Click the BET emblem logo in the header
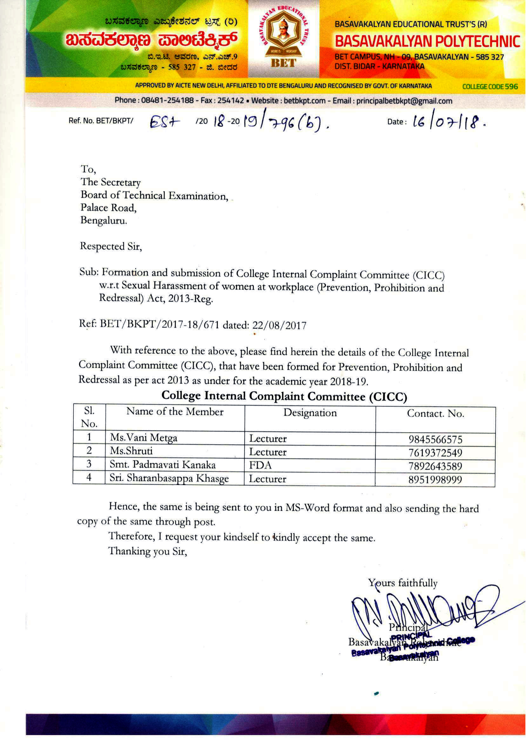pyautogui.click(x=283, y=39)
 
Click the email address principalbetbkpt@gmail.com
pyautogui.click(x=404, y=101)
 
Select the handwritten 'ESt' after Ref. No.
pyautogui.click(x=165, y=123)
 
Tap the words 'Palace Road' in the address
pyautogui.click(x=109, y=208)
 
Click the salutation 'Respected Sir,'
pyautogui.click(x=111, y=247)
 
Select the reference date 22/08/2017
pyautogui.click(x=279, y=325)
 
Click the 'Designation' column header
pyautogui.click(x=310, y=413)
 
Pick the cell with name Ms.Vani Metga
pyautogui.click(x=144, y=438)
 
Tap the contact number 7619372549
pyautogui.click(x=435, y=453)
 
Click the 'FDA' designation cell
pyautogui.click(x=260, y=465)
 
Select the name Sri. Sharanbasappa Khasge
pyautogui.click(x=169, y=479)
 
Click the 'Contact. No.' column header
pyautogui.click(x=435, y=414)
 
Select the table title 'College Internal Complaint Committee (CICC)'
pyautogui.click(x=284, y=396)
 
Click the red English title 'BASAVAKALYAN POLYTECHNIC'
pyautogui.click(x=427, y=42)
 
